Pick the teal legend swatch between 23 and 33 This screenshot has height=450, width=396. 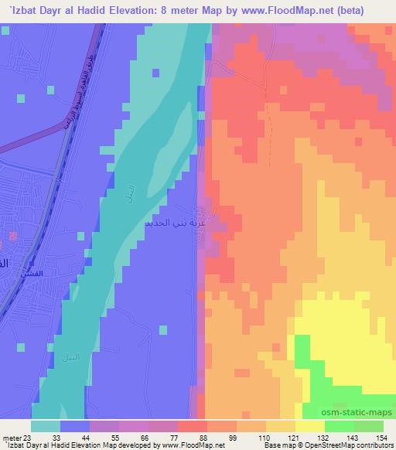[46, 425]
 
